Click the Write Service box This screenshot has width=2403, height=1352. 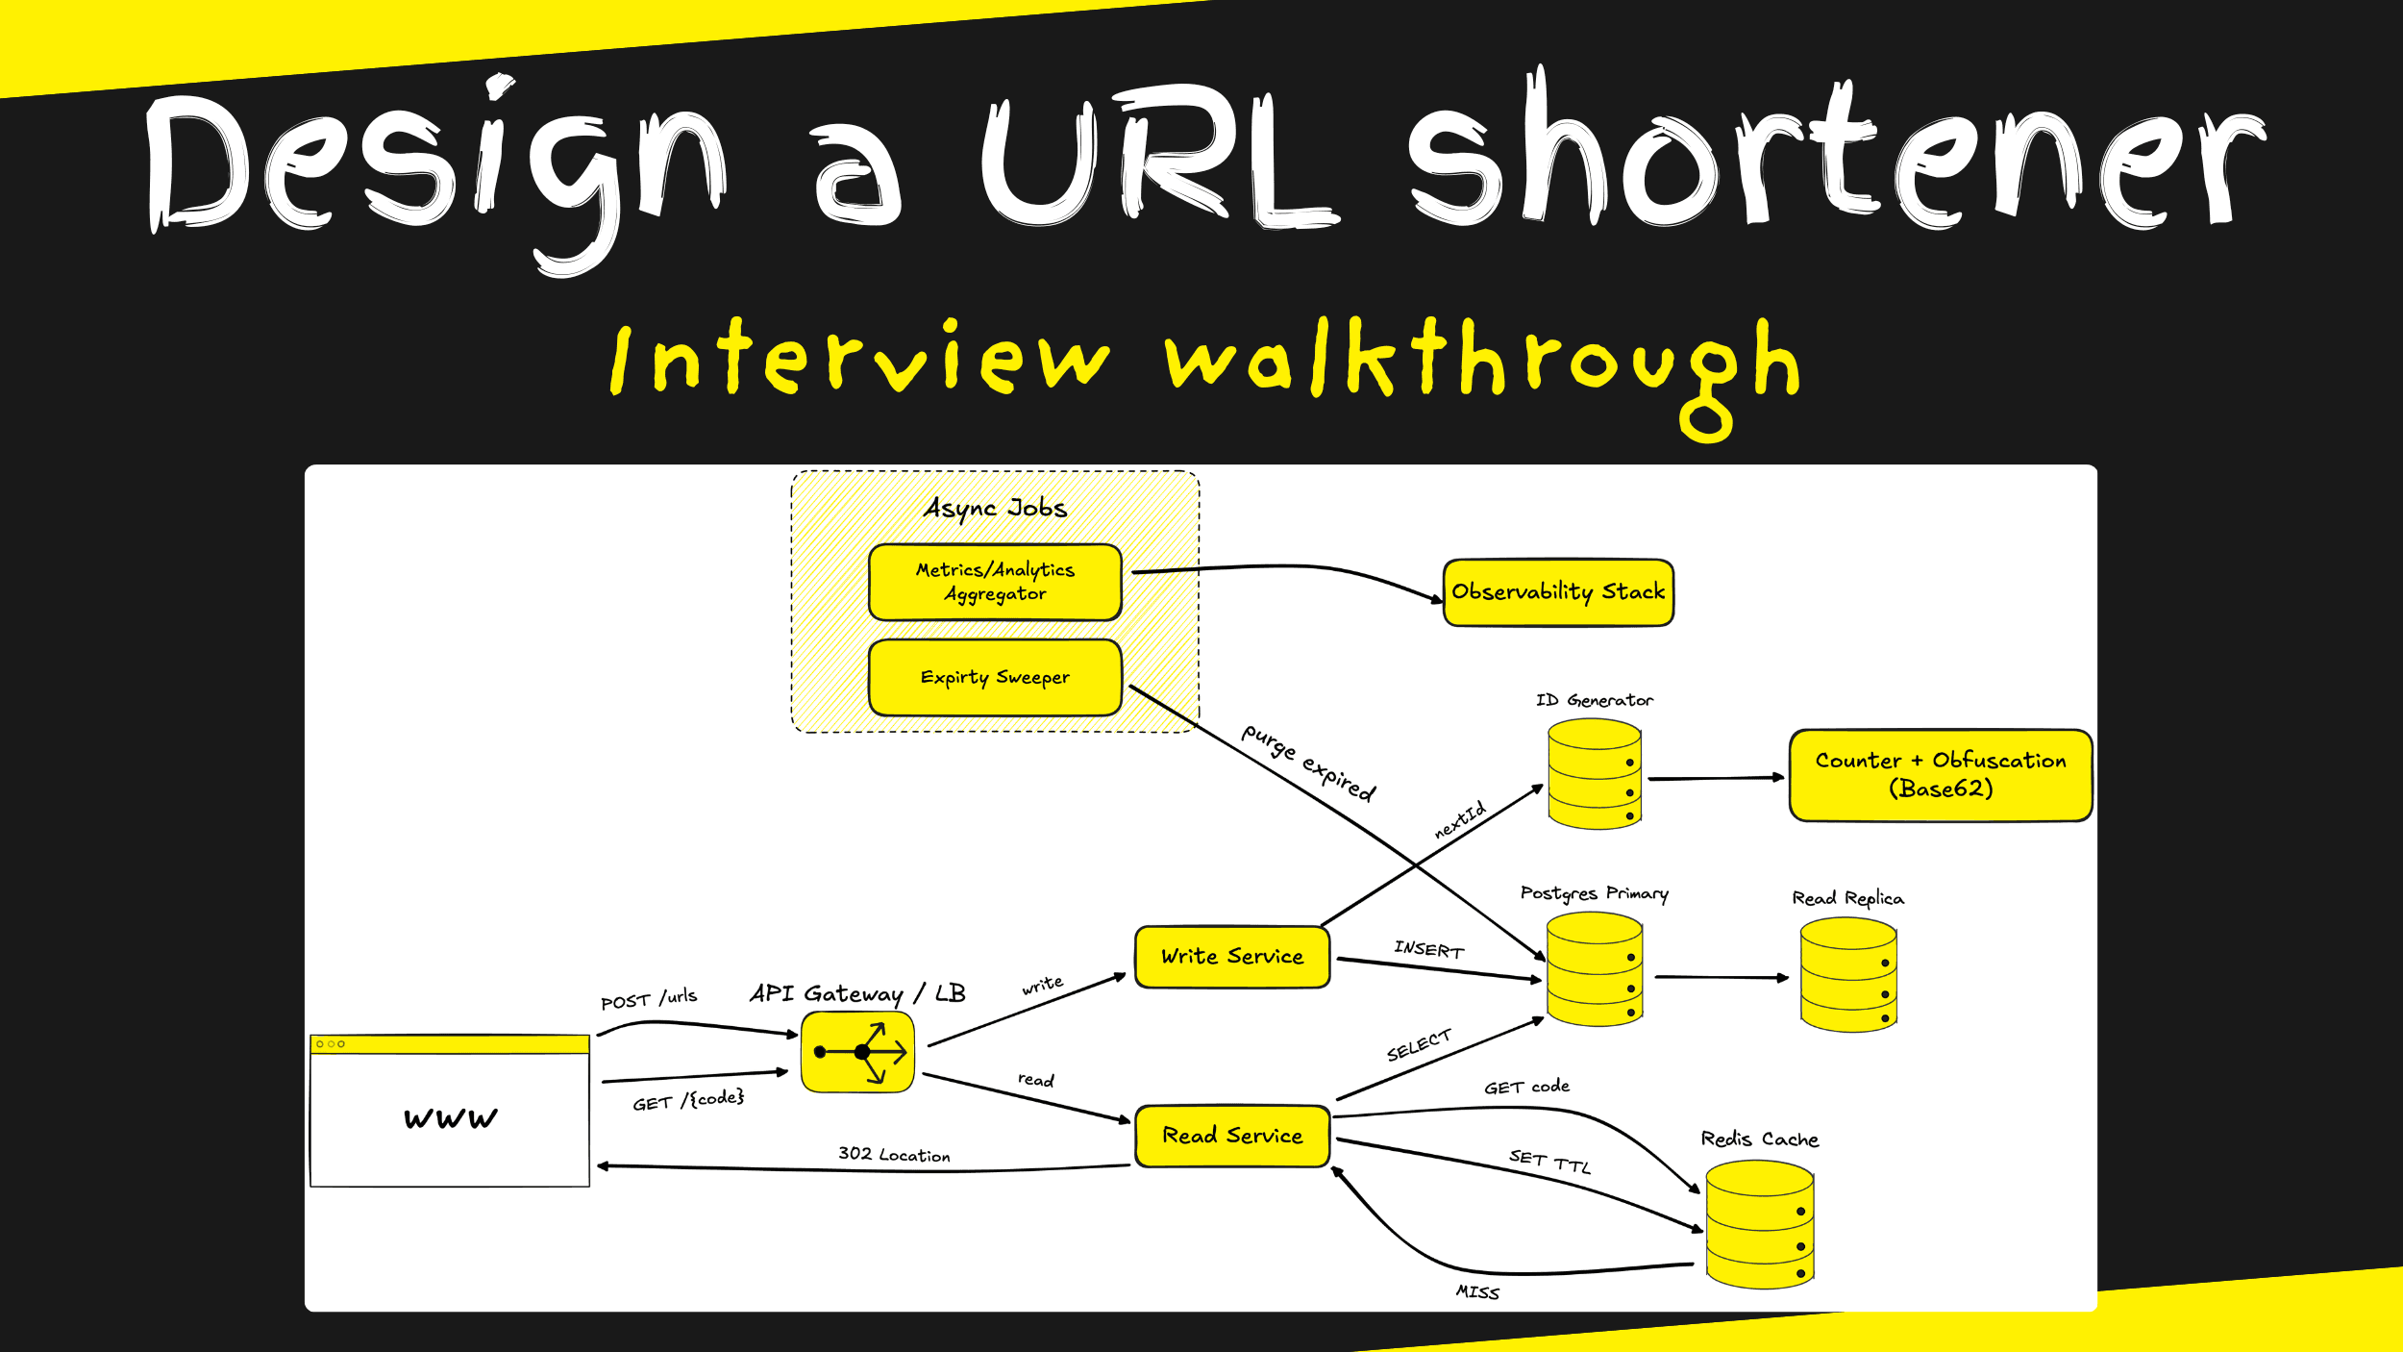click(1231, 957)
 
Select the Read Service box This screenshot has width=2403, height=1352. click(1231, 1136)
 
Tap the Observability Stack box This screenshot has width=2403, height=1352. click(1558, 592)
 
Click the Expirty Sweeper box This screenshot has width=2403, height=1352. click(995, 678)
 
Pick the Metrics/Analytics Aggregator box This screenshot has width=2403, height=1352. click(995, 582)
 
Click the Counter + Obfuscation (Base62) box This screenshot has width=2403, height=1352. click(1940, 775)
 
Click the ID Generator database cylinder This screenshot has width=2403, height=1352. click(1594, 774)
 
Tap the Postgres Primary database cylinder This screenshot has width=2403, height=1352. click(1594, 968)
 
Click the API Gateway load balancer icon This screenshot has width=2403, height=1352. click(857, 1052)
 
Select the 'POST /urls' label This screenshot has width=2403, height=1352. click(649, 999)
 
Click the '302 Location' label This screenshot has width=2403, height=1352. click(894, 1154)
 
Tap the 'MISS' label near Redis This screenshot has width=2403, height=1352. click(1476, 1292)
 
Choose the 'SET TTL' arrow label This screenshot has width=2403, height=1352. click(1549, 1162)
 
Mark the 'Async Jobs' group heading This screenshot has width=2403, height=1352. click(995, 508)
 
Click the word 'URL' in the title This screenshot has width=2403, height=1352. click(1158, 159)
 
